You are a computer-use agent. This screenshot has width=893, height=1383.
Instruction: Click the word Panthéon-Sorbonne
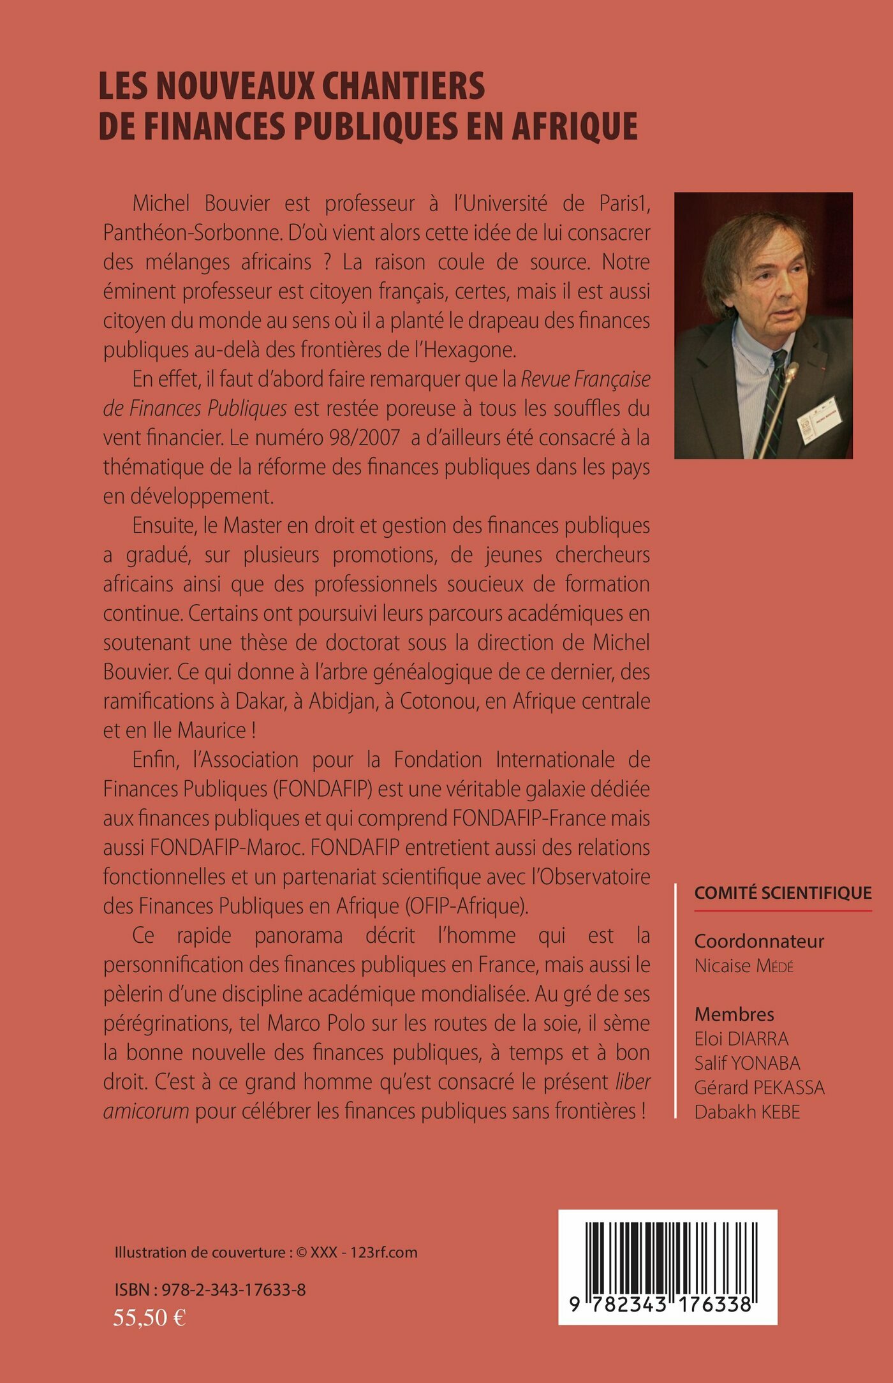click(x=192, y=233)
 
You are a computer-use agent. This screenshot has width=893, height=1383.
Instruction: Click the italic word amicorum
click(x=146, y=1111)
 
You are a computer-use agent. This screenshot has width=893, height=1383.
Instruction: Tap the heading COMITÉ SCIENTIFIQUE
click(x=783, y=892)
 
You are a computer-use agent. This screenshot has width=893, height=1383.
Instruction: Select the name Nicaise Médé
click(x=744, y=966)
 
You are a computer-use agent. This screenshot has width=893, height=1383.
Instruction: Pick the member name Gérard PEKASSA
click(x=759, y=1087)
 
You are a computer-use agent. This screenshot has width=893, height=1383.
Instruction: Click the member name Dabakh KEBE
click(x=747, y=1111)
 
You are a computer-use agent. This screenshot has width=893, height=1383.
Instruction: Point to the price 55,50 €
click(x=149, y=1317)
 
